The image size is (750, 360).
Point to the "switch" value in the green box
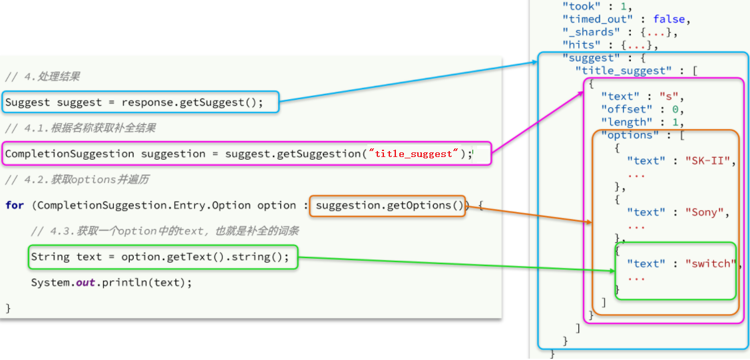tap(712, 264)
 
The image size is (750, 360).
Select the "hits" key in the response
tap(580, 45)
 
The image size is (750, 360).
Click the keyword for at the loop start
tap(14, 206)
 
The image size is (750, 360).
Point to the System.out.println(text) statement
tap(111, 282)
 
